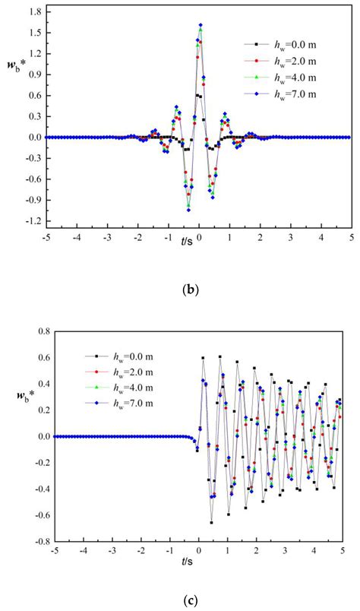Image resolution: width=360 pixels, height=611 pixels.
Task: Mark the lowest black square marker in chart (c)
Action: click(212, 523)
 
